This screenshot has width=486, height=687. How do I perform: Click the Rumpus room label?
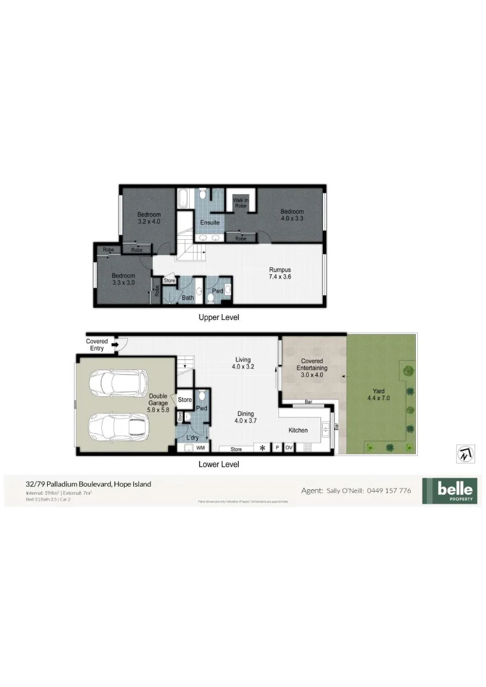(x=280, y=274)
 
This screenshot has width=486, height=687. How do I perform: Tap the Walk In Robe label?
(x=241, y=203)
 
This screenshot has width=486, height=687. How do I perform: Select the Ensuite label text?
(x=210, y=223)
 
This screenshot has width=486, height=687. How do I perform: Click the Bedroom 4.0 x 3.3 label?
(x=292, y=215)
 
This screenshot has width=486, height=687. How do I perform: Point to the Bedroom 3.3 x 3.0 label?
(x=124, y=279)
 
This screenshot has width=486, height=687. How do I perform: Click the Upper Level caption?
(x=218, y=317)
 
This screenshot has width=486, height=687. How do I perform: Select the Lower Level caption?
(x=218, y=464)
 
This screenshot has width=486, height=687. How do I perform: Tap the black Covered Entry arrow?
(x=115, y=346)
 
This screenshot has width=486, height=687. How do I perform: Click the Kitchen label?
(x=297, y=431)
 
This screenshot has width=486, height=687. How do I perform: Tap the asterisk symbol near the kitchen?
(x=261, y=448)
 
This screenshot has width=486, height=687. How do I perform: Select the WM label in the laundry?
(x=200, y=448)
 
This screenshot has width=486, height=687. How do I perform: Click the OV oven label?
(x=289, y=448)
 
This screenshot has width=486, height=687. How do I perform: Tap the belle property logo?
(x=449, y=491)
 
